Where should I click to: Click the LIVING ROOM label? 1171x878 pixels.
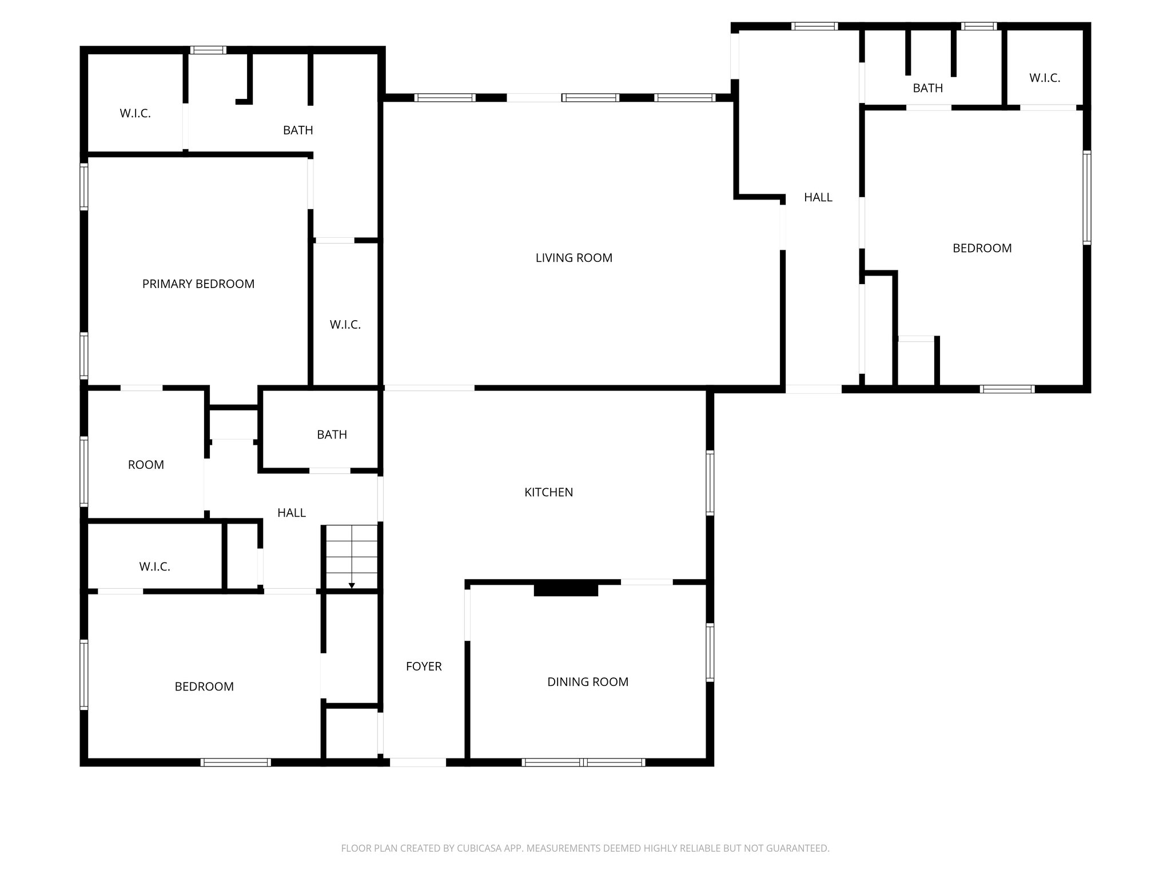[x=573, y=258]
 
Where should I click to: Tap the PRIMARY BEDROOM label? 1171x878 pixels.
[x=198, y=284]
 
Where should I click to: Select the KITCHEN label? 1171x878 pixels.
[x=548, y=492]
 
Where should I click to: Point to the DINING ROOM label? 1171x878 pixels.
[x=587, y=682]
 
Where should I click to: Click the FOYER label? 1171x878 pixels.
[x=424, y=667]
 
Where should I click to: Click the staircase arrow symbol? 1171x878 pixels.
[x=352, y=584]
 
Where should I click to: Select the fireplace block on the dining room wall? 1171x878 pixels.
[x=565, y=589]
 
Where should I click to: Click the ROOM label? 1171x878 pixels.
[x=146, y=465]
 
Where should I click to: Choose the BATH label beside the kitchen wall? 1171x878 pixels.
[x=332, y=435]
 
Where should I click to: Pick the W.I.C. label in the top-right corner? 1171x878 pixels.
[x=1045, y=78]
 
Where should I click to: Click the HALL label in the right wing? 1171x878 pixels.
[x=818, y=198]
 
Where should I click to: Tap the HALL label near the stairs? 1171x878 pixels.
[x=291, y=513]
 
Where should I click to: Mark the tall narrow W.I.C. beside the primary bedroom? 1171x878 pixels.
[x=345, y=325]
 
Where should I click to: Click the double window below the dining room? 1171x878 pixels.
[x=583, y=762]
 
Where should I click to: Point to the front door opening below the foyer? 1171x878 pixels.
[x=417, y=762]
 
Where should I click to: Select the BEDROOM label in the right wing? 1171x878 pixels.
[x=982, y=249]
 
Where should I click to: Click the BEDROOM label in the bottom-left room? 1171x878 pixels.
[x=204, y=687]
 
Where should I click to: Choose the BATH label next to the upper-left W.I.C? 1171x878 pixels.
[x=298, y=130]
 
